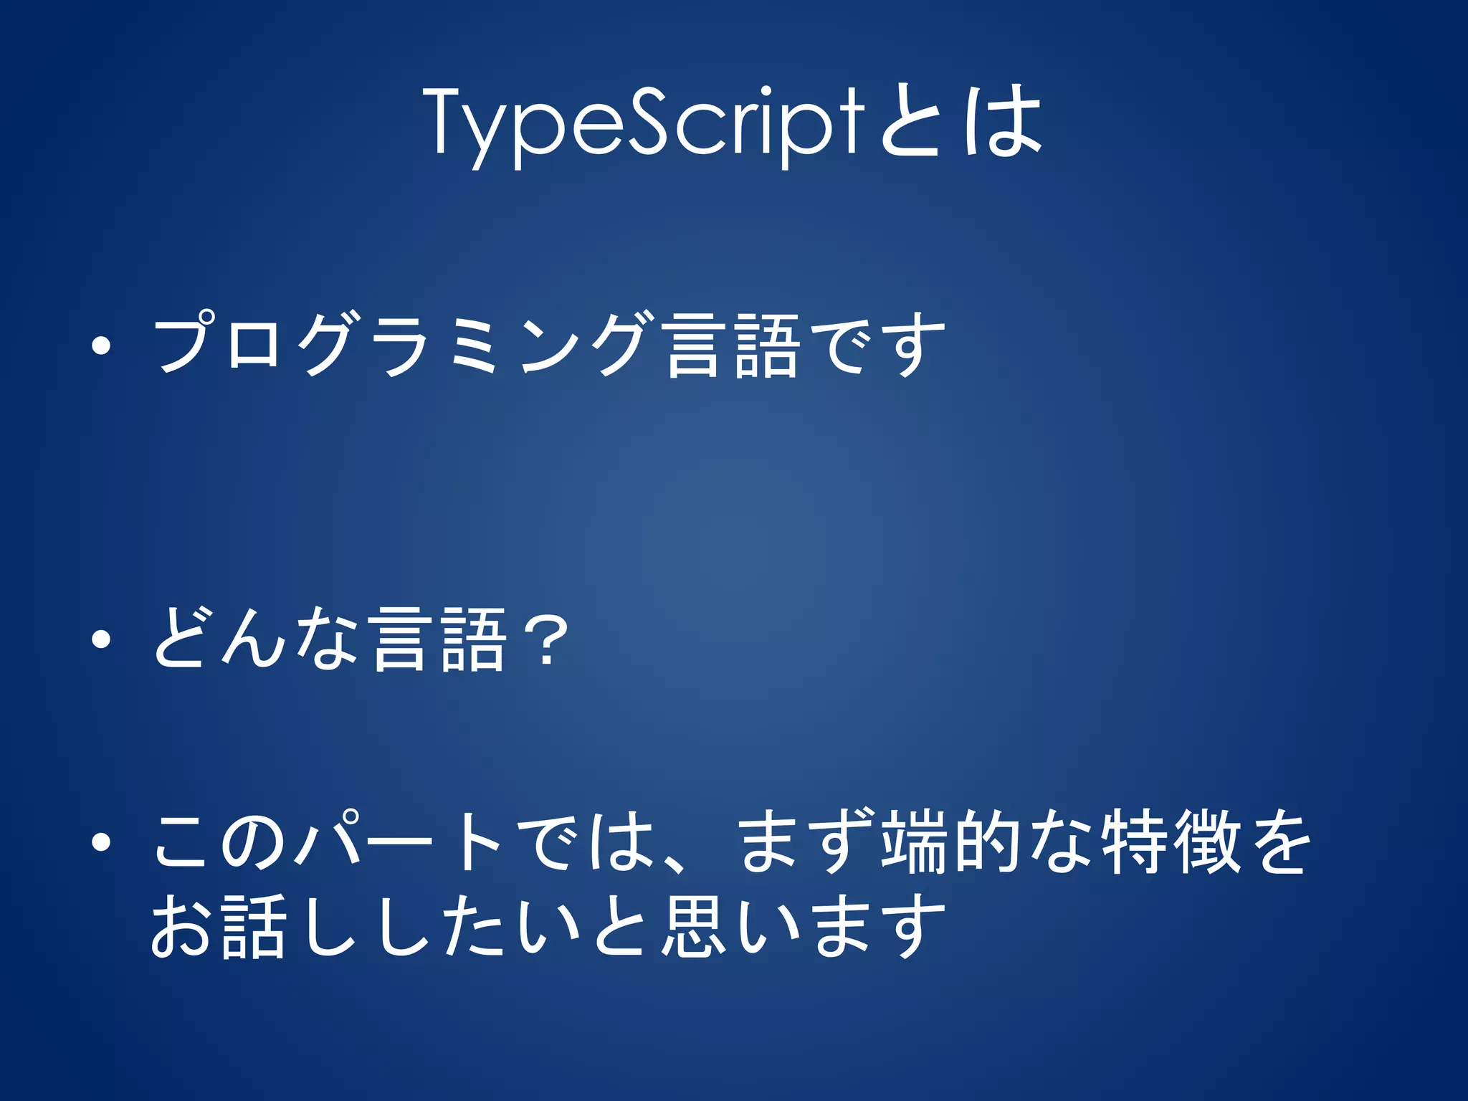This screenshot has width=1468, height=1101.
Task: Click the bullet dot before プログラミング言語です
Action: pos(101,347)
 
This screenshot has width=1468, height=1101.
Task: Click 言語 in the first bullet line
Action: pos(730,346)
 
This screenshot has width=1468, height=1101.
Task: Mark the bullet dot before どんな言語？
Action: pos(101,639)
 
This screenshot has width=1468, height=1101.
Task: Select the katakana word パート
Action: pos(401,842)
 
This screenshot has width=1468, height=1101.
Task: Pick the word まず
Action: pos(806,842)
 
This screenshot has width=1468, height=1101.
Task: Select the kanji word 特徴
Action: pos(1171,842)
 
